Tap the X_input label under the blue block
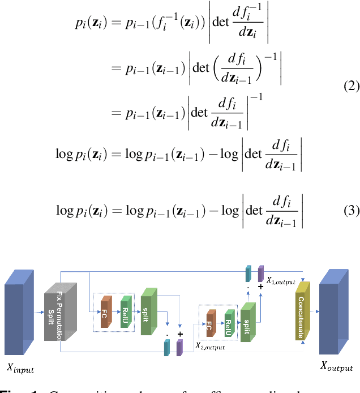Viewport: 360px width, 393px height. (x=20, y=369)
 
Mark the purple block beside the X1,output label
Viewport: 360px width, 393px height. (x=261, y=273)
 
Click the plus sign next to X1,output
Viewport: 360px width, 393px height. (x=260, y=288)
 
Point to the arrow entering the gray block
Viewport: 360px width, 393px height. (x=40, y=311)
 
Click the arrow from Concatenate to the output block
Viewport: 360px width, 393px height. (x=312, y=311)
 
